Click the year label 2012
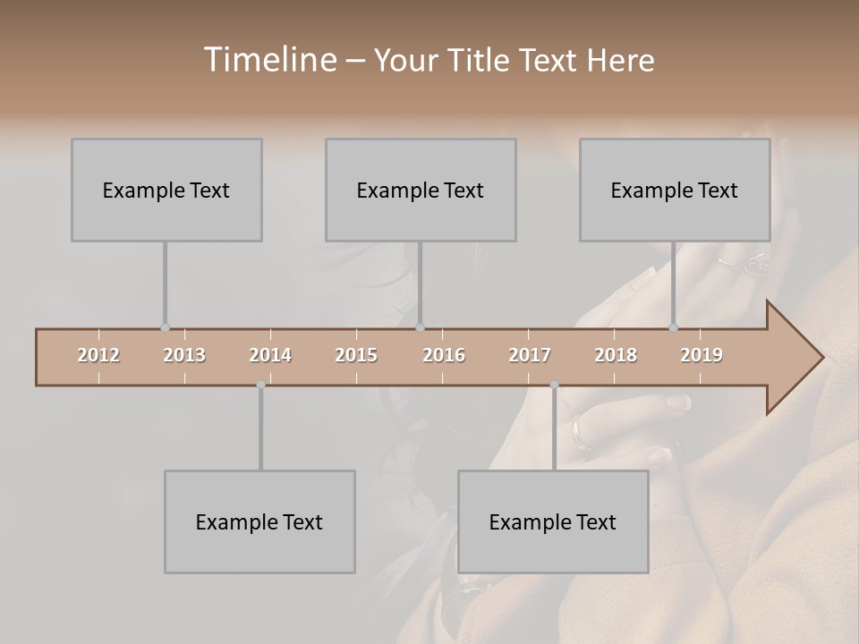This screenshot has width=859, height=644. (x=98, y=355)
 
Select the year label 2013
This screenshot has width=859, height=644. (x=184, y=355)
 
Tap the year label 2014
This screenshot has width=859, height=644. (x=270, y=355)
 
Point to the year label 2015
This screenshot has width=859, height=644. (x=356, y=355)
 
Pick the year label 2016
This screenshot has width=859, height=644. (x=444, y=355)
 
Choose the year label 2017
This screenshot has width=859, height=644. (x=530, y=355)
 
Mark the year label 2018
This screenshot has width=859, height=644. (x=616, y=355)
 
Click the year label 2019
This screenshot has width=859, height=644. (x=702, y=355)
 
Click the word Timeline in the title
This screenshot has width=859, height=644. (x=268, y=60)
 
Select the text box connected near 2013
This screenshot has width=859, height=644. (x=166, y=190)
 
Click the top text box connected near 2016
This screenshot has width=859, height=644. (x=421, y=190)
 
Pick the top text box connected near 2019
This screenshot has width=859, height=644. (x=675, y=190)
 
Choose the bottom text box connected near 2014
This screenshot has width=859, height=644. (x=259, y=521)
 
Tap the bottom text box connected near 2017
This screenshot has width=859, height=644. (x=553, y=521)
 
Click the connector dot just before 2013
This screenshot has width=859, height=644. (x=165, y=328)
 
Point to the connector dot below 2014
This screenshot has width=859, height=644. (x=260, y=385)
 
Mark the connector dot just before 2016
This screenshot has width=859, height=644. (x=421, y=328)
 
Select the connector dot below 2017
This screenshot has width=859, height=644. (x=554, y=385)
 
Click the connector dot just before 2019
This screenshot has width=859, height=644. (x=674, y=328)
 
